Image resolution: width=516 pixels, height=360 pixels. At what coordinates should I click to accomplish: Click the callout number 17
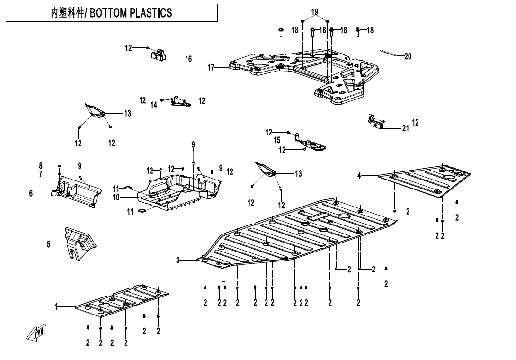click(211, 68)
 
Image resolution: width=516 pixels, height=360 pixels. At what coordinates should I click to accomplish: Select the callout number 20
click(408, 56)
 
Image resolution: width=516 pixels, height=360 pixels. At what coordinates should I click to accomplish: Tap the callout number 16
click(188, 59)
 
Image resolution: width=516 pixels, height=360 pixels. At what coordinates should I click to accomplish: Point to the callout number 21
click(405, 128)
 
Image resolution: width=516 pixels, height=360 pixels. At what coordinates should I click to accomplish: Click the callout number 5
click(48, 244)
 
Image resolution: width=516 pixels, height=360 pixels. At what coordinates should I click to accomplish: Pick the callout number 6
click(31, 193)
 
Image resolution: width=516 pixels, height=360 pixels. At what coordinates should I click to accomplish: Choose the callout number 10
click(116, 197)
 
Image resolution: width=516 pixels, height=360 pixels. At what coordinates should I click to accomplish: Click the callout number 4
click(359, 176)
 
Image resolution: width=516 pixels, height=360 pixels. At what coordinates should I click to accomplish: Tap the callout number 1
click(56, 307)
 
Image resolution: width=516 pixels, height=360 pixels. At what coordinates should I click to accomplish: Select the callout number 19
click(315, 12)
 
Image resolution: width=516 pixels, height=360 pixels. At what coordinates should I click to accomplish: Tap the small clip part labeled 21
click(375, 122)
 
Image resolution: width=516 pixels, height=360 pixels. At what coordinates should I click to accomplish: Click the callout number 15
click(277, 141)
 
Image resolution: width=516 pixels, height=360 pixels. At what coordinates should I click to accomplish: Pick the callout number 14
click(154, 105)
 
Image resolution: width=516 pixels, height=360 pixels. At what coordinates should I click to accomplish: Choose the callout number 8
click(41, 166)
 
